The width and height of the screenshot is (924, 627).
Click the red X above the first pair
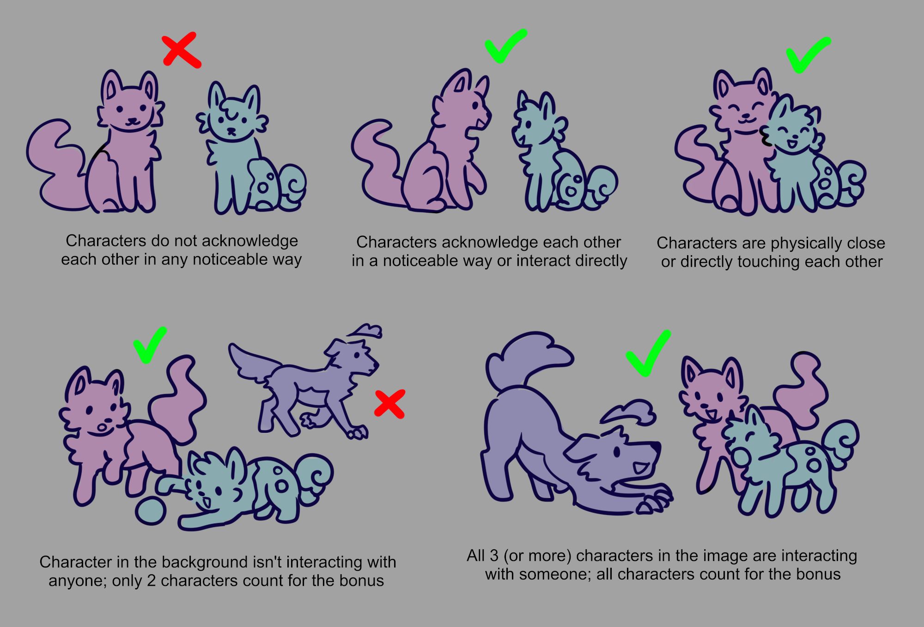[181, 50]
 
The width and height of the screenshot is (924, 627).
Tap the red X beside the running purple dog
[390, 404]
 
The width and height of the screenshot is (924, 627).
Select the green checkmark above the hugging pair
[808, 55]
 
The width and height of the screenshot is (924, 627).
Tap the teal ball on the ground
[151, 511]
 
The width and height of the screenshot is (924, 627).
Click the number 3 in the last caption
[494, 555]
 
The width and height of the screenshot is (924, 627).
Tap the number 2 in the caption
[152, 581]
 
